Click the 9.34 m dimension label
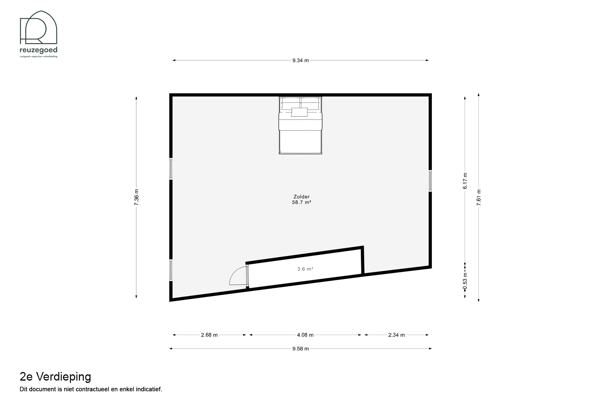pos(300,60)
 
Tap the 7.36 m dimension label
pos(136,197)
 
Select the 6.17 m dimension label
pos(465,181)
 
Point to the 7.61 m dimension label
pos(479,197)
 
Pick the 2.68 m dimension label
pos(209,335)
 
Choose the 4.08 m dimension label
pos(305,335)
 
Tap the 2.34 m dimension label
pos(396,335)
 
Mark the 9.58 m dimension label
pos(300,349)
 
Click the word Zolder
pos(302,197)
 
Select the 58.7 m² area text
pos(302,202)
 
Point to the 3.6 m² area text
pos(305,269)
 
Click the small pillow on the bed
pos(300,112)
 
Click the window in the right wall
pos(430,181)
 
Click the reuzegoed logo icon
pos(39,27)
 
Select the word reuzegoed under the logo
pos(39,50)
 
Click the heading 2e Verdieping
pos(55,377)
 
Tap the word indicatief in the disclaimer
pos(149,389)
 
